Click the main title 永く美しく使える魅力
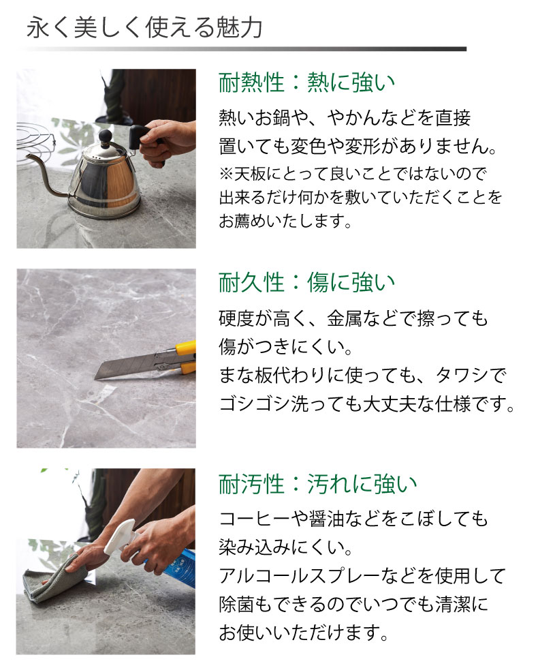click(x=144, y=29)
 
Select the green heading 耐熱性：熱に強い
click(x=307, y=82)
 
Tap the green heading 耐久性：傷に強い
click(x=307, y=282)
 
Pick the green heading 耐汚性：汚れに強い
click(x=318, y=484)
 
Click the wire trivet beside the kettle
click(x=35, y=140)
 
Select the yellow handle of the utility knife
click(x=186, y=357)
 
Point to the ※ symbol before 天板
click(x=226, y=173)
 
